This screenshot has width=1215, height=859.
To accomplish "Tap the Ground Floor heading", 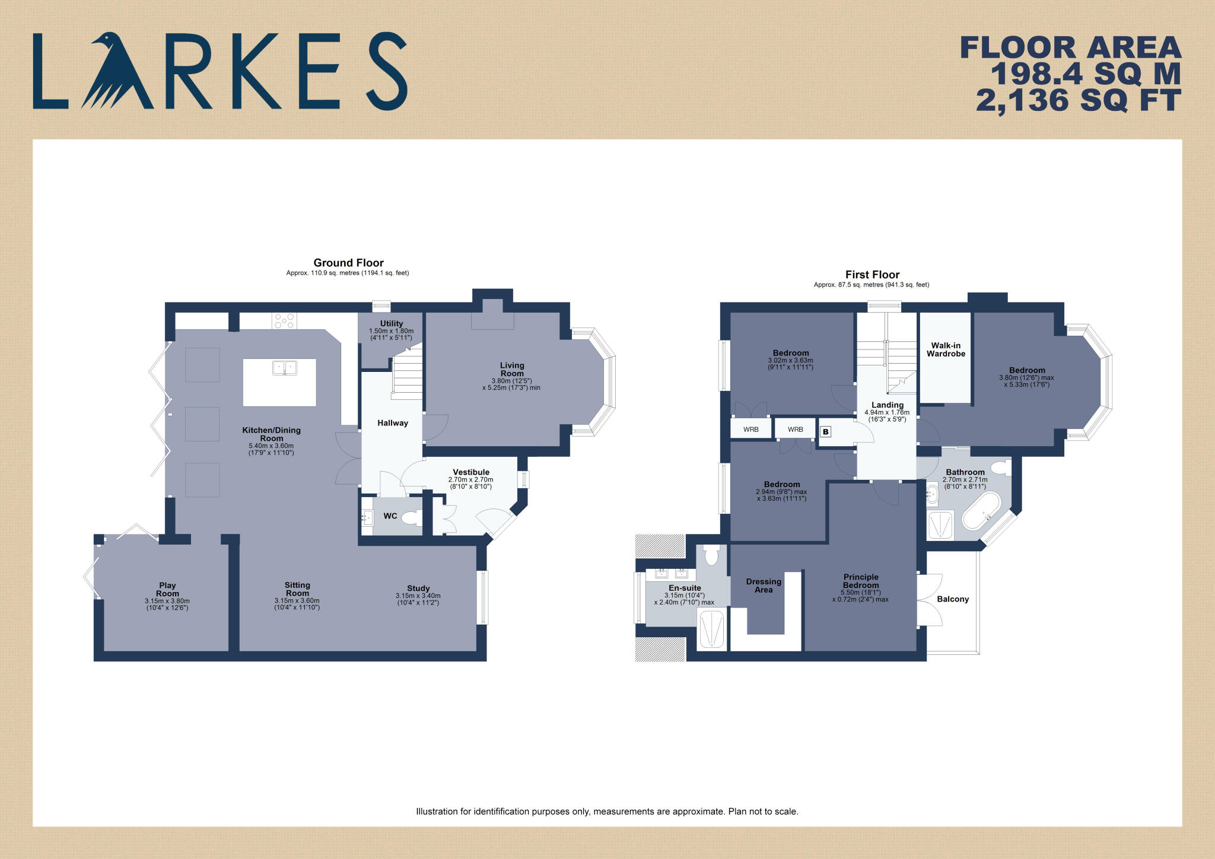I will coord(348,263).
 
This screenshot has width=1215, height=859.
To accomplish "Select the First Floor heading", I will coord(872,275).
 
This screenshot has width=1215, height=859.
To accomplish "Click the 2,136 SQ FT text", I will coord(1078,101).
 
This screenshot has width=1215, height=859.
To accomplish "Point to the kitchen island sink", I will coord(285,368).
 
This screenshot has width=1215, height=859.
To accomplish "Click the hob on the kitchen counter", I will coord(284,321).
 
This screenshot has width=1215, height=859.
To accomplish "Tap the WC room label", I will coord(390,516).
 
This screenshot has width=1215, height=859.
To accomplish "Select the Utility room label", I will coord(392,323).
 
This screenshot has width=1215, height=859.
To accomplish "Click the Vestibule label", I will coord(471,472).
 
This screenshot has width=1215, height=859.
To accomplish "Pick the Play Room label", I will coord(167,589).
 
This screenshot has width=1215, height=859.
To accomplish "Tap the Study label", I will coord(418,588).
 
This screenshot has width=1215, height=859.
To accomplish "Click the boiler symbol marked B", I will coord(825,432).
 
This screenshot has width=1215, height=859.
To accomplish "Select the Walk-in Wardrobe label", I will coord(946,349).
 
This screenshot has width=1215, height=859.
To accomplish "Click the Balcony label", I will coord(953,599).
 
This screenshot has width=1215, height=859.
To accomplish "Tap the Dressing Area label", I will coord(764,586).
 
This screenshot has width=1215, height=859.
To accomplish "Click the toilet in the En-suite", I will coord(711,556).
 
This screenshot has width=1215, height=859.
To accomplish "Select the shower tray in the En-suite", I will coord(711,629).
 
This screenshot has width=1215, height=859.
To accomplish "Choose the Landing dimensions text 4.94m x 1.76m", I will coord(886,412).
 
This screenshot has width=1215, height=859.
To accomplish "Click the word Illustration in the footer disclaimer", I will coord(437,812).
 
